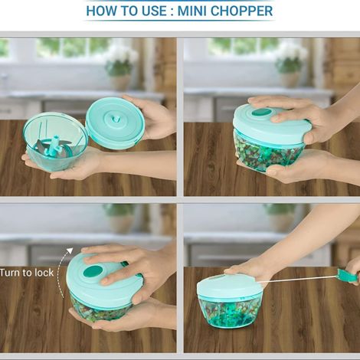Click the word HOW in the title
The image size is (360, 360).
point(103,11)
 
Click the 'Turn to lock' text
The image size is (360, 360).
point(26,272)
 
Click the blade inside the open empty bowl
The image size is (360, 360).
point(53,148)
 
